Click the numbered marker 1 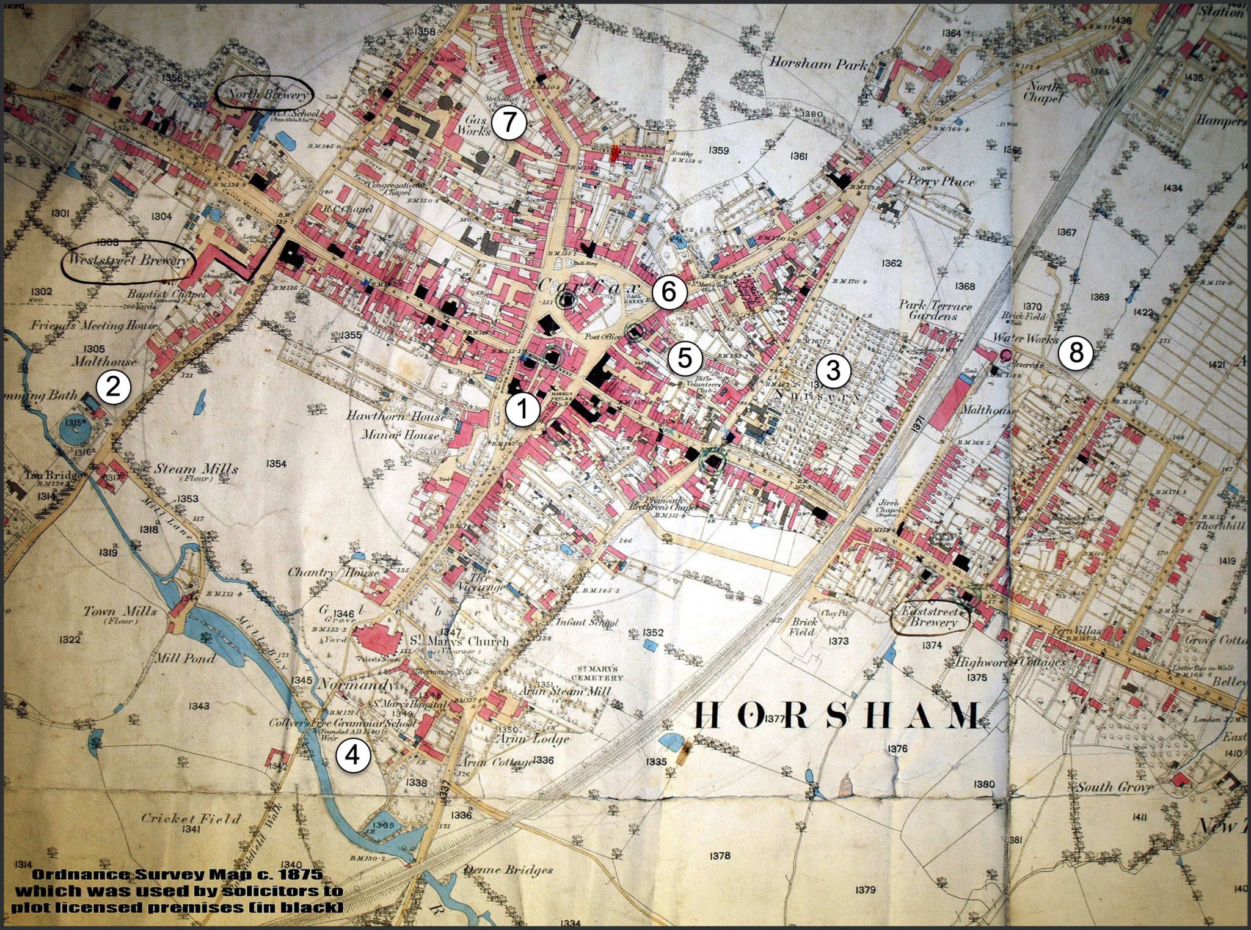tap(522, 409)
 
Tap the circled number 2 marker tap(114, 387)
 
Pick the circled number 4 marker tap(353, 756)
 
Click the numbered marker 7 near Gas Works tap(509, 124)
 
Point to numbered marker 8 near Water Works tap(1075, 353)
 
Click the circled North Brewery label tap(266, 94)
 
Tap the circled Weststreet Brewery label tap(127, 261)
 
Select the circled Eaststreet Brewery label tap(931, 618)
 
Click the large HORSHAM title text tap(839, 716)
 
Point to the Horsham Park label tap(817, 62)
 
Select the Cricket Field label tap(191, 818)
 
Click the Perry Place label tap(941, 181)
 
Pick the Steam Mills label tap(195, 469)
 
